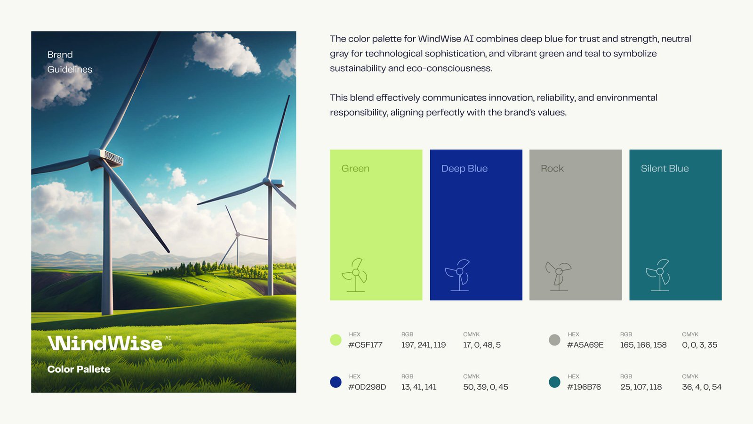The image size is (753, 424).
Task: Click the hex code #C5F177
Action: pos(365,345)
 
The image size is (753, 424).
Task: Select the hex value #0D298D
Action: pos(367,387)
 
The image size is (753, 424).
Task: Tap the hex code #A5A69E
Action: pos(585,345)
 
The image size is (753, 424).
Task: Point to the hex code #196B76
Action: pos(584,387)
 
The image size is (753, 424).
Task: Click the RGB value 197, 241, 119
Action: pos(423,345)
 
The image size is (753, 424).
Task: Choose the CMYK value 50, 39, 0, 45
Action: pos(485,387)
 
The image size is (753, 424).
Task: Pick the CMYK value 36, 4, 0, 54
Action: pos(701,387)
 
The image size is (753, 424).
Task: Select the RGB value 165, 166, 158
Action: pos(643,345)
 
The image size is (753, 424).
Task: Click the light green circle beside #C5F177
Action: pos(336,340)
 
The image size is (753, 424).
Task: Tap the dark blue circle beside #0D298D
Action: pos(336,382)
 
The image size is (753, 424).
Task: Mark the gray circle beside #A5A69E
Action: pos(554,340)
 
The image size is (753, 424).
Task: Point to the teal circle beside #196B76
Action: pos(554,382)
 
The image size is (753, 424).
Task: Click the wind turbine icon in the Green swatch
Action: pos(356,275)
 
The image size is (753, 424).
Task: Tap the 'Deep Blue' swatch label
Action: pos(464,169)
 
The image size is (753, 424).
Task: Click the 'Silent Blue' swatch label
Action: pos(665,169)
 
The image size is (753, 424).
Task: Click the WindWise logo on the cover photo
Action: pos(105,343)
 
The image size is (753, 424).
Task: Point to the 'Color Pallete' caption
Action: pos(79,369)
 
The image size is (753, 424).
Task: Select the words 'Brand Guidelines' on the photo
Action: pos(69,62)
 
